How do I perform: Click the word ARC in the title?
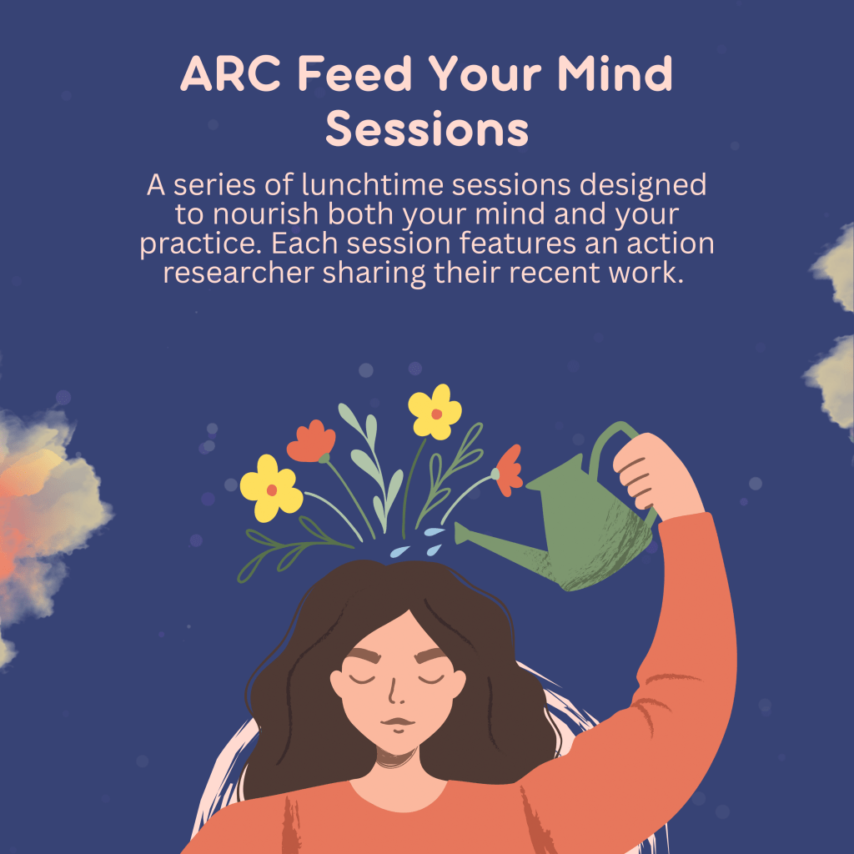pos(230,73)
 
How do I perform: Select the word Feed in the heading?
pos(354,73)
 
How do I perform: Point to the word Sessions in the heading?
pos(427,128)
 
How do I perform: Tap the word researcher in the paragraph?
pos(239,273)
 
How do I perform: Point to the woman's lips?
pos(398,724)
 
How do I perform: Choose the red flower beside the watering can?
pos(507,470)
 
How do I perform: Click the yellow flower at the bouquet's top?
pos(435,412)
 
